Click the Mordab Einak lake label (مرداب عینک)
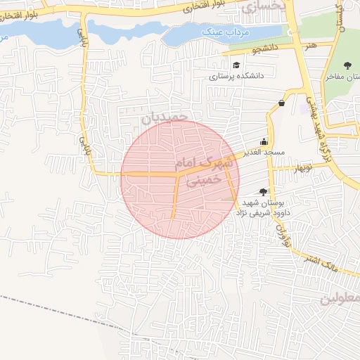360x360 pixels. coord(221,32)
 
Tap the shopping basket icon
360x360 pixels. coord(282,103)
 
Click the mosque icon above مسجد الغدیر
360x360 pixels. coord(264,141)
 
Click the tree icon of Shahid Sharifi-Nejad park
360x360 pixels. coord(263,191)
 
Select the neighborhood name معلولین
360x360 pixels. coord(340,299)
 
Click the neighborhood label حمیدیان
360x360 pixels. coord(165,117)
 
